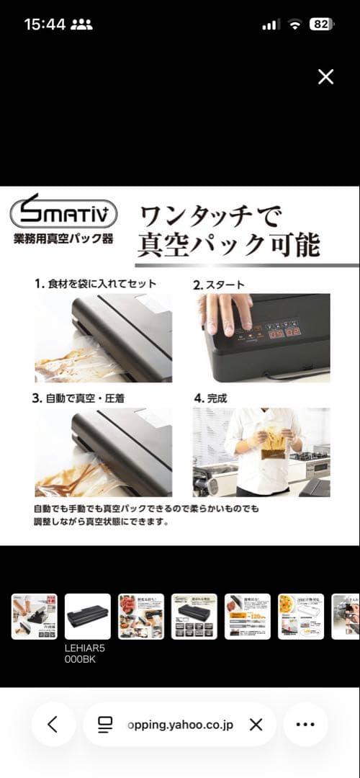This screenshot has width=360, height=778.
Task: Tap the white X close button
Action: pyautogui.click(x=325, y=77)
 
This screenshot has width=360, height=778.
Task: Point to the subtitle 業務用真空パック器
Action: pyautogui.click(x=63, y=239)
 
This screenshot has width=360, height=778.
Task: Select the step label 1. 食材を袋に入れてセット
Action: pyautogui.click(x=95, y=284)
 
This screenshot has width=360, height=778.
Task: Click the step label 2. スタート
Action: pyautogui.click(x=219, y=284)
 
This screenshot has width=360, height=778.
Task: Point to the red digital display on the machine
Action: pyautogui.click(x=284, y=334)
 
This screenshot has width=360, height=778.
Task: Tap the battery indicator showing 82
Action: pyautogui.click(x=320, y=24)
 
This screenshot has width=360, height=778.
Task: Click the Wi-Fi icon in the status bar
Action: pyautogui.click(x=294, y=24)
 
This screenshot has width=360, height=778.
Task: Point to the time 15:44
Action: pyautogui.click(x=45, y=24)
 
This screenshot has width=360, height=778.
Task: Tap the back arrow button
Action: pyautogui.click(x=53, y=724)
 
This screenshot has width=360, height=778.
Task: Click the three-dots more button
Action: pyautogui.click(x=305, y=724)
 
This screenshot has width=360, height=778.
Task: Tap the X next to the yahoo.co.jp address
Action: pyautogui.click(x=256, y=724)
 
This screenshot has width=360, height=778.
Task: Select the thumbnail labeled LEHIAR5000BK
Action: pyautogui.click(x=88, y=616)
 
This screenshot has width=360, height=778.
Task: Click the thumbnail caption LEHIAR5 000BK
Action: pyautogui.click(x=85, y=653)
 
